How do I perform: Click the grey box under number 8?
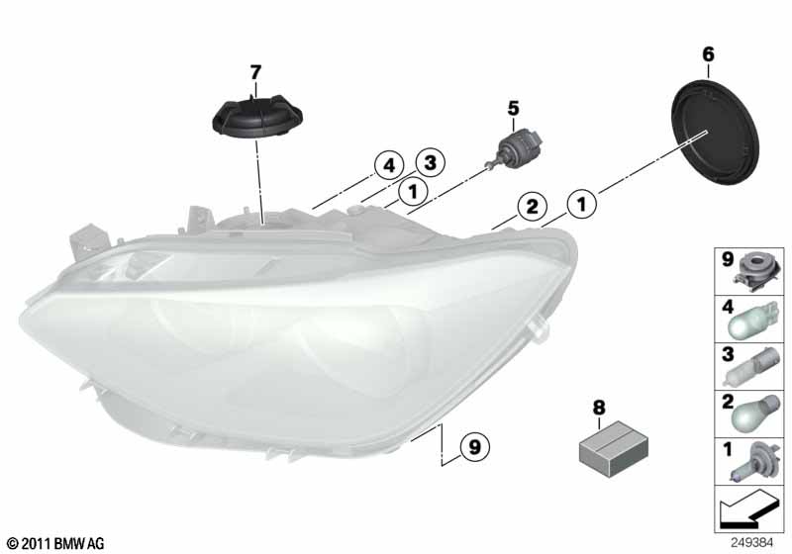[x=614, y=449]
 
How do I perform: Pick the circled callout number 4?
[x=389, y=165]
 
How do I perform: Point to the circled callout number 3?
[x=430, y=163]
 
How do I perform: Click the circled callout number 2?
[x=532, y=207]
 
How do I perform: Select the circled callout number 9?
[x=474, y=446]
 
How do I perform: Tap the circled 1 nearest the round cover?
[x=582, y=204]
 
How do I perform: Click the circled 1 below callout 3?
[x=413, y=192]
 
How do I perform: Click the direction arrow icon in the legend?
[x=747, y=508]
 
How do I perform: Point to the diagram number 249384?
[x=751, y=543]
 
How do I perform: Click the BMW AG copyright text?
[x=55, y=543]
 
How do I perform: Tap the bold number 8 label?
[x=599, y=408]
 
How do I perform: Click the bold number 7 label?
[x=255, y=72]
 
